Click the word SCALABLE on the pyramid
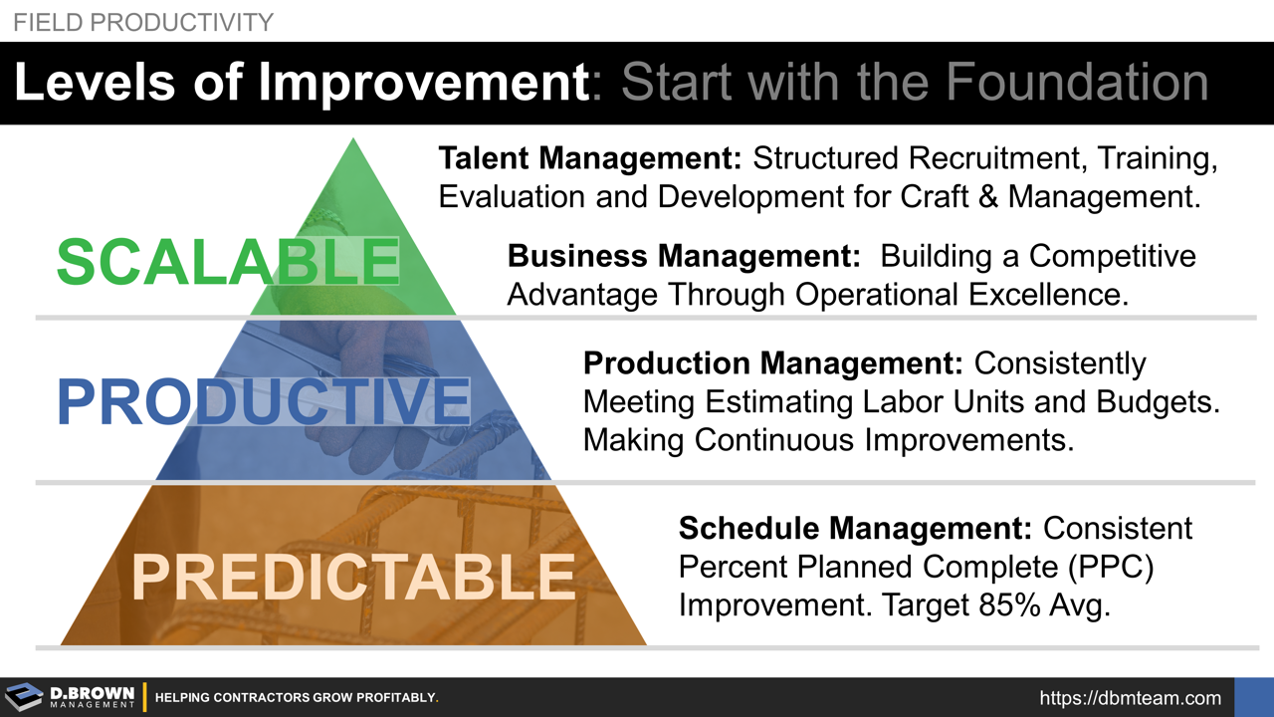click(228, 260)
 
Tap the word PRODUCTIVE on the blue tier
click(263, 401)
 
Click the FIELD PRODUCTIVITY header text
click(142, 22)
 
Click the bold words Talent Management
click(591, 158)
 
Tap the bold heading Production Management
click(773, 363)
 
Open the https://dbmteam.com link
click(1130, 698)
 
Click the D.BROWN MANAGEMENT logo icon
click(24, 697)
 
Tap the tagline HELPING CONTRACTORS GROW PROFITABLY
click(297, 698)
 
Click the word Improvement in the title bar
click(424, 83)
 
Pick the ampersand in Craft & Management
click(985, 196)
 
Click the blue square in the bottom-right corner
click(1254, 697)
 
